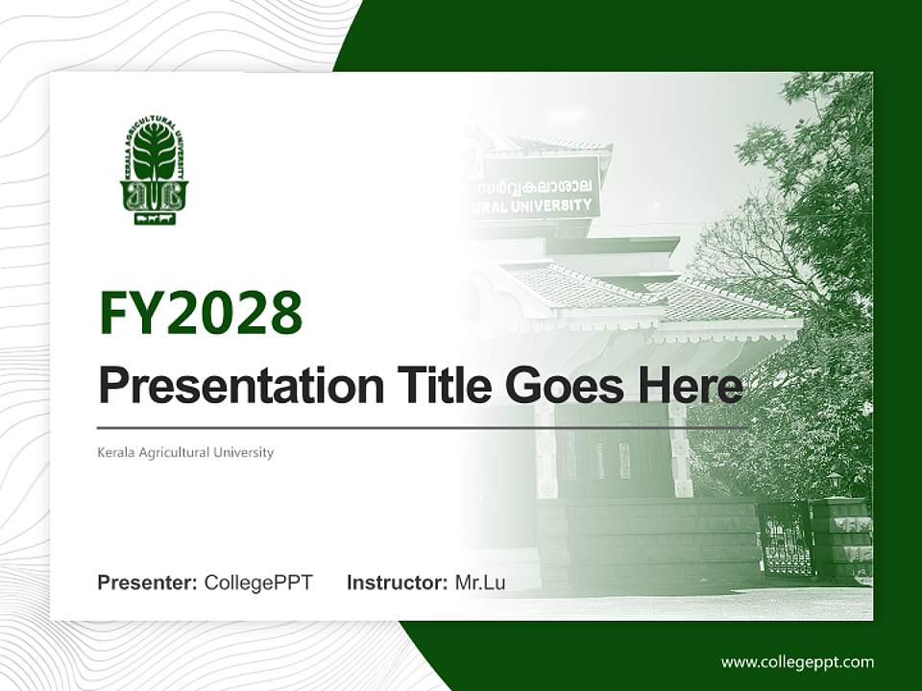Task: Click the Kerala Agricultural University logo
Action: pyautogui.click(x=154, y=171)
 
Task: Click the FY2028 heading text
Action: pyautogui.click(x=201, y=313)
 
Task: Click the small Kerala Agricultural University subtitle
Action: pyautogui.click(x=185, y=452)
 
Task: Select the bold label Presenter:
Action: pyautogui.click(x=148, y=583)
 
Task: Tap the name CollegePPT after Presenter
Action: pyautogui.click(x=258, y=583)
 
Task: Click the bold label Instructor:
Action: pyautogui.click(x=397, y=583)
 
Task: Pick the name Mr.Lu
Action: pyautogui.click(x=480, y=583)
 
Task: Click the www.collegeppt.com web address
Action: pyautogui.click(x=797, y=662)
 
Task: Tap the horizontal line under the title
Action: pyautogui.click(x=423, y=427)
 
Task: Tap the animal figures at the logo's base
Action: pyautogui.click(x=154, y=219)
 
